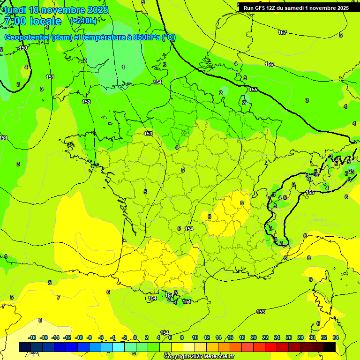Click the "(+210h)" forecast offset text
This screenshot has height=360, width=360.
tap(83, 21)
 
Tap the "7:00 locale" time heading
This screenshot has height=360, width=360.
tap(32, 21)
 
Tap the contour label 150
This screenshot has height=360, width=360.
tap(23, 48)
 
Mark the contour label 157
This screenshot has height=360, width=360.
tap(282, 32)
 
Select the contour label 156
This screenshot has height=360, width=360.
tap(269, 64)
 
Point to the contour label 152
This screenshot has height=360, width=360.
tap(86, 102)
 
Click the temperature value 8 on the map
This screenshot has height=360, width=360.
tap(40, 320)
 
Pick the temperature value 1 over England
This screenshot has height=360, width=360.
tap(123, 67)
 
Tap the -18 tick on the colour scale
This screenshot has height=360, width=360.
tap(32, 337)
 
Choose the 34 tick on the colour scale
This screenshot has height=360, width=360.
tap(336, 337)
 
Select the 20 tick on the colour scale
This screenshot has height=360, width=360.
tap(254, 337)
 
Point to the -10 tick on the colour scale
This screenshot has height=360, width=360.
tap(79, 337)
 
